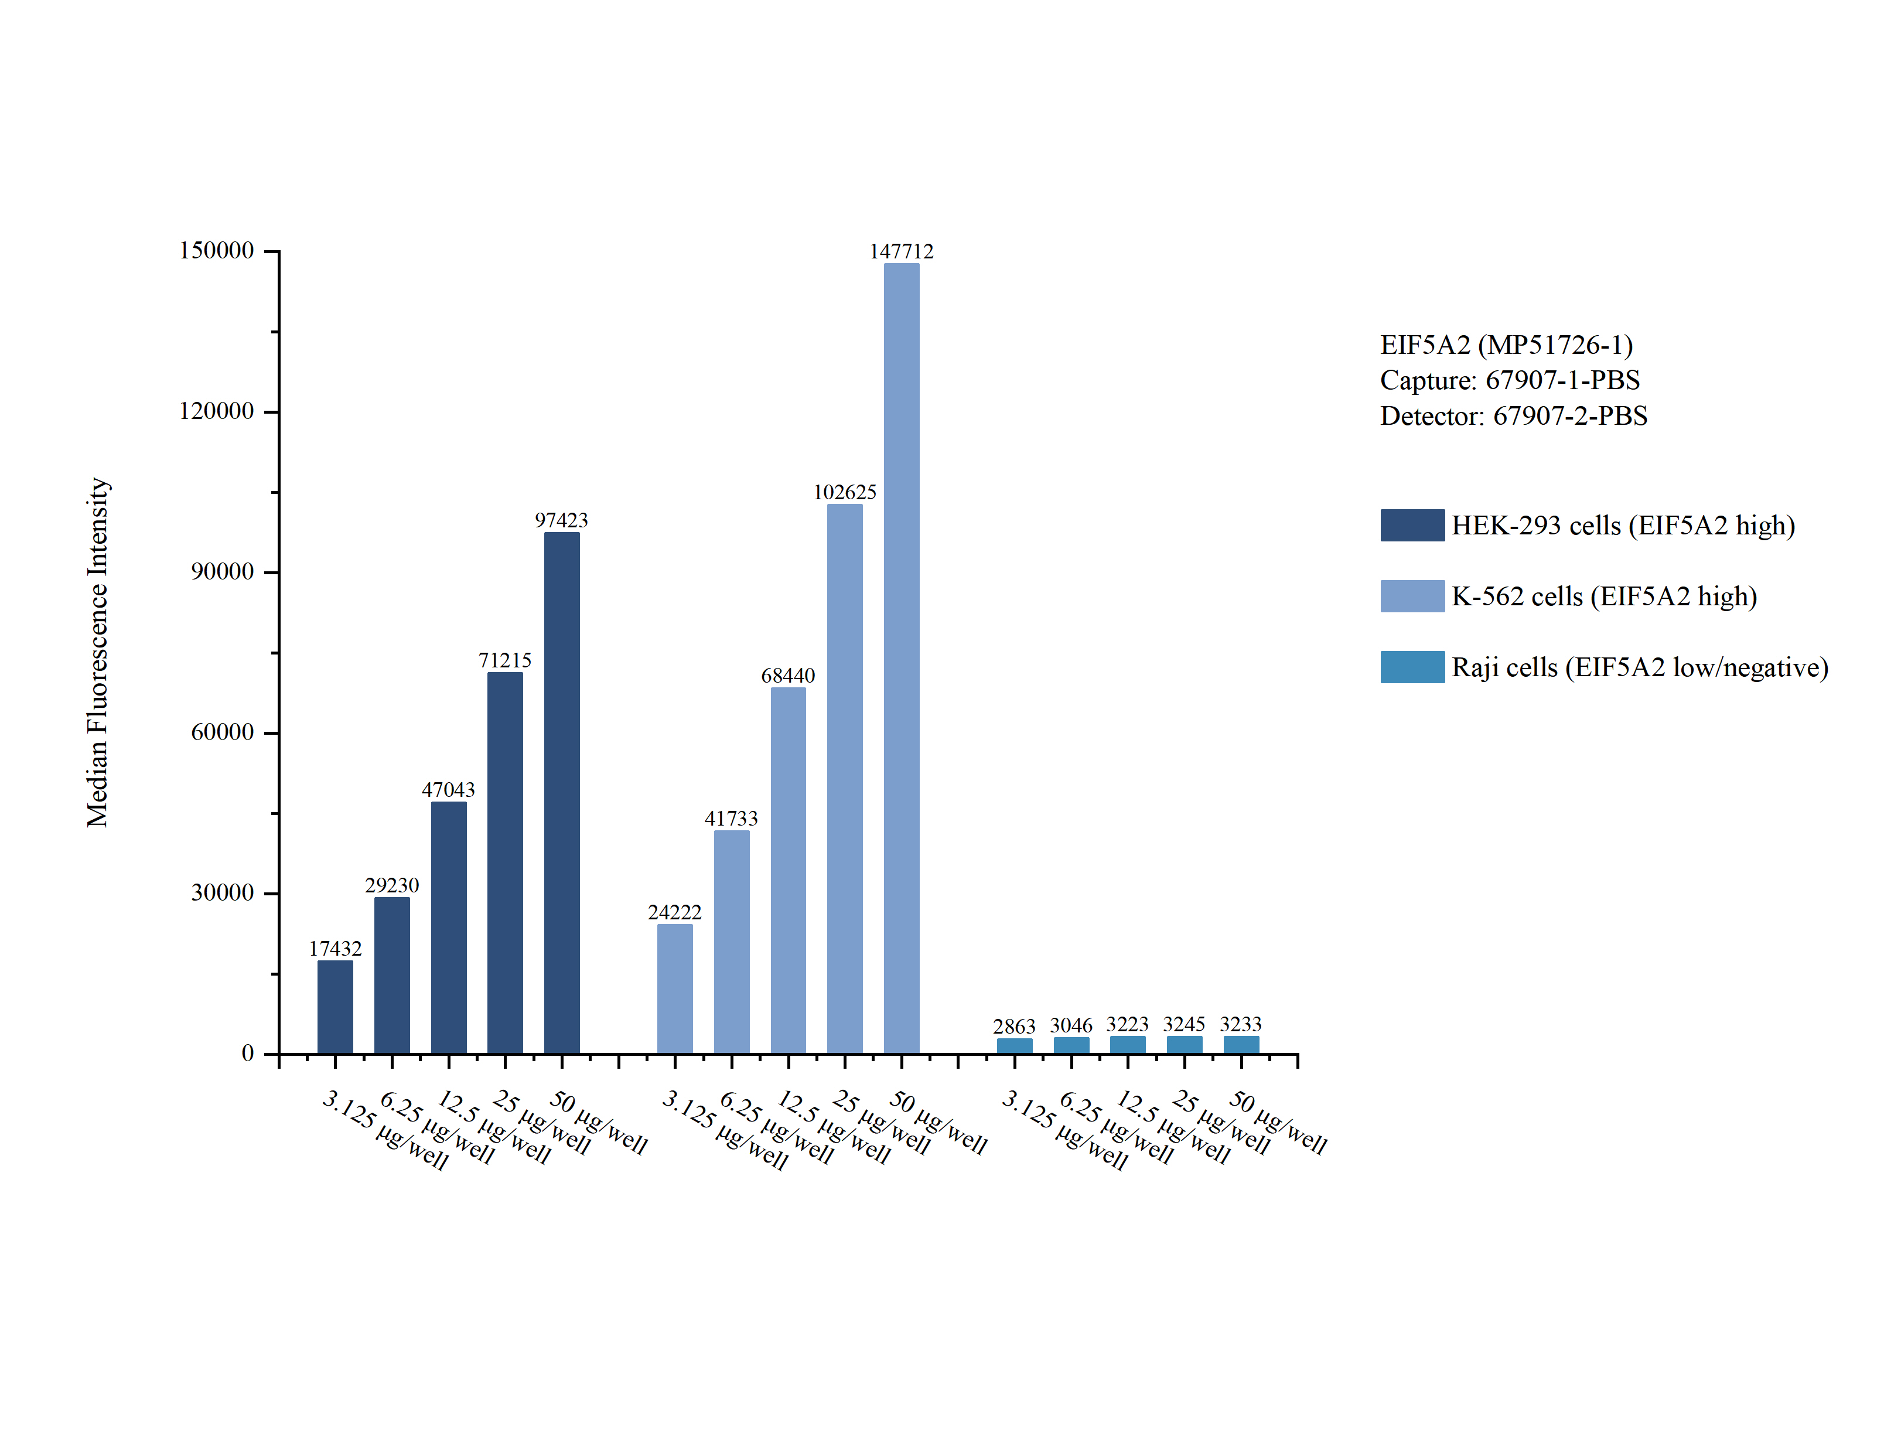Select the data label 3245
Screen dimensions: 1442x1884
click(x=1184, y=1024)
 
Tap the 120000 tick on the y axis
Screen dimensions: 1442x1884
click(x=216, y=411)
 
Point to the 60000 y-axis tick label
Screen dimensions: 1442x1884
click(x=222, y=732)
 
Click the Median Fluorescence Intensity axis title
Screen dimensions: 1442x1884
click(x=98, y=652)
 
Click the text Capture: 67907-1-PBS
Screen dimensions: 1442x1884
click(x=1509, y=380)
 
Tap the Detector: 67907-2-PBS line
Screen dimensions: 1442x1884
click(x=1513, y=416)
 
